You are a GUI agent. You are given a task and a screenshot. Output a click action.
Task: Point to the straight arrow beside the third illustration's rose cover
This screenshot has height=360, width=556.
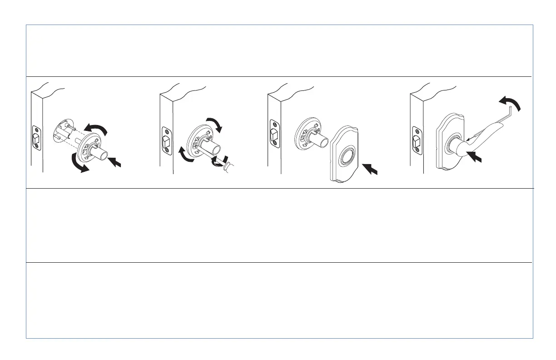coord(371,169)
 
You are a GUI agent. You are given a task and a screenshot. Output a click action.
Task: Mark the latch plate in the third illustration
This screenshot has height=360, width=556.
coord(274,133)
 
